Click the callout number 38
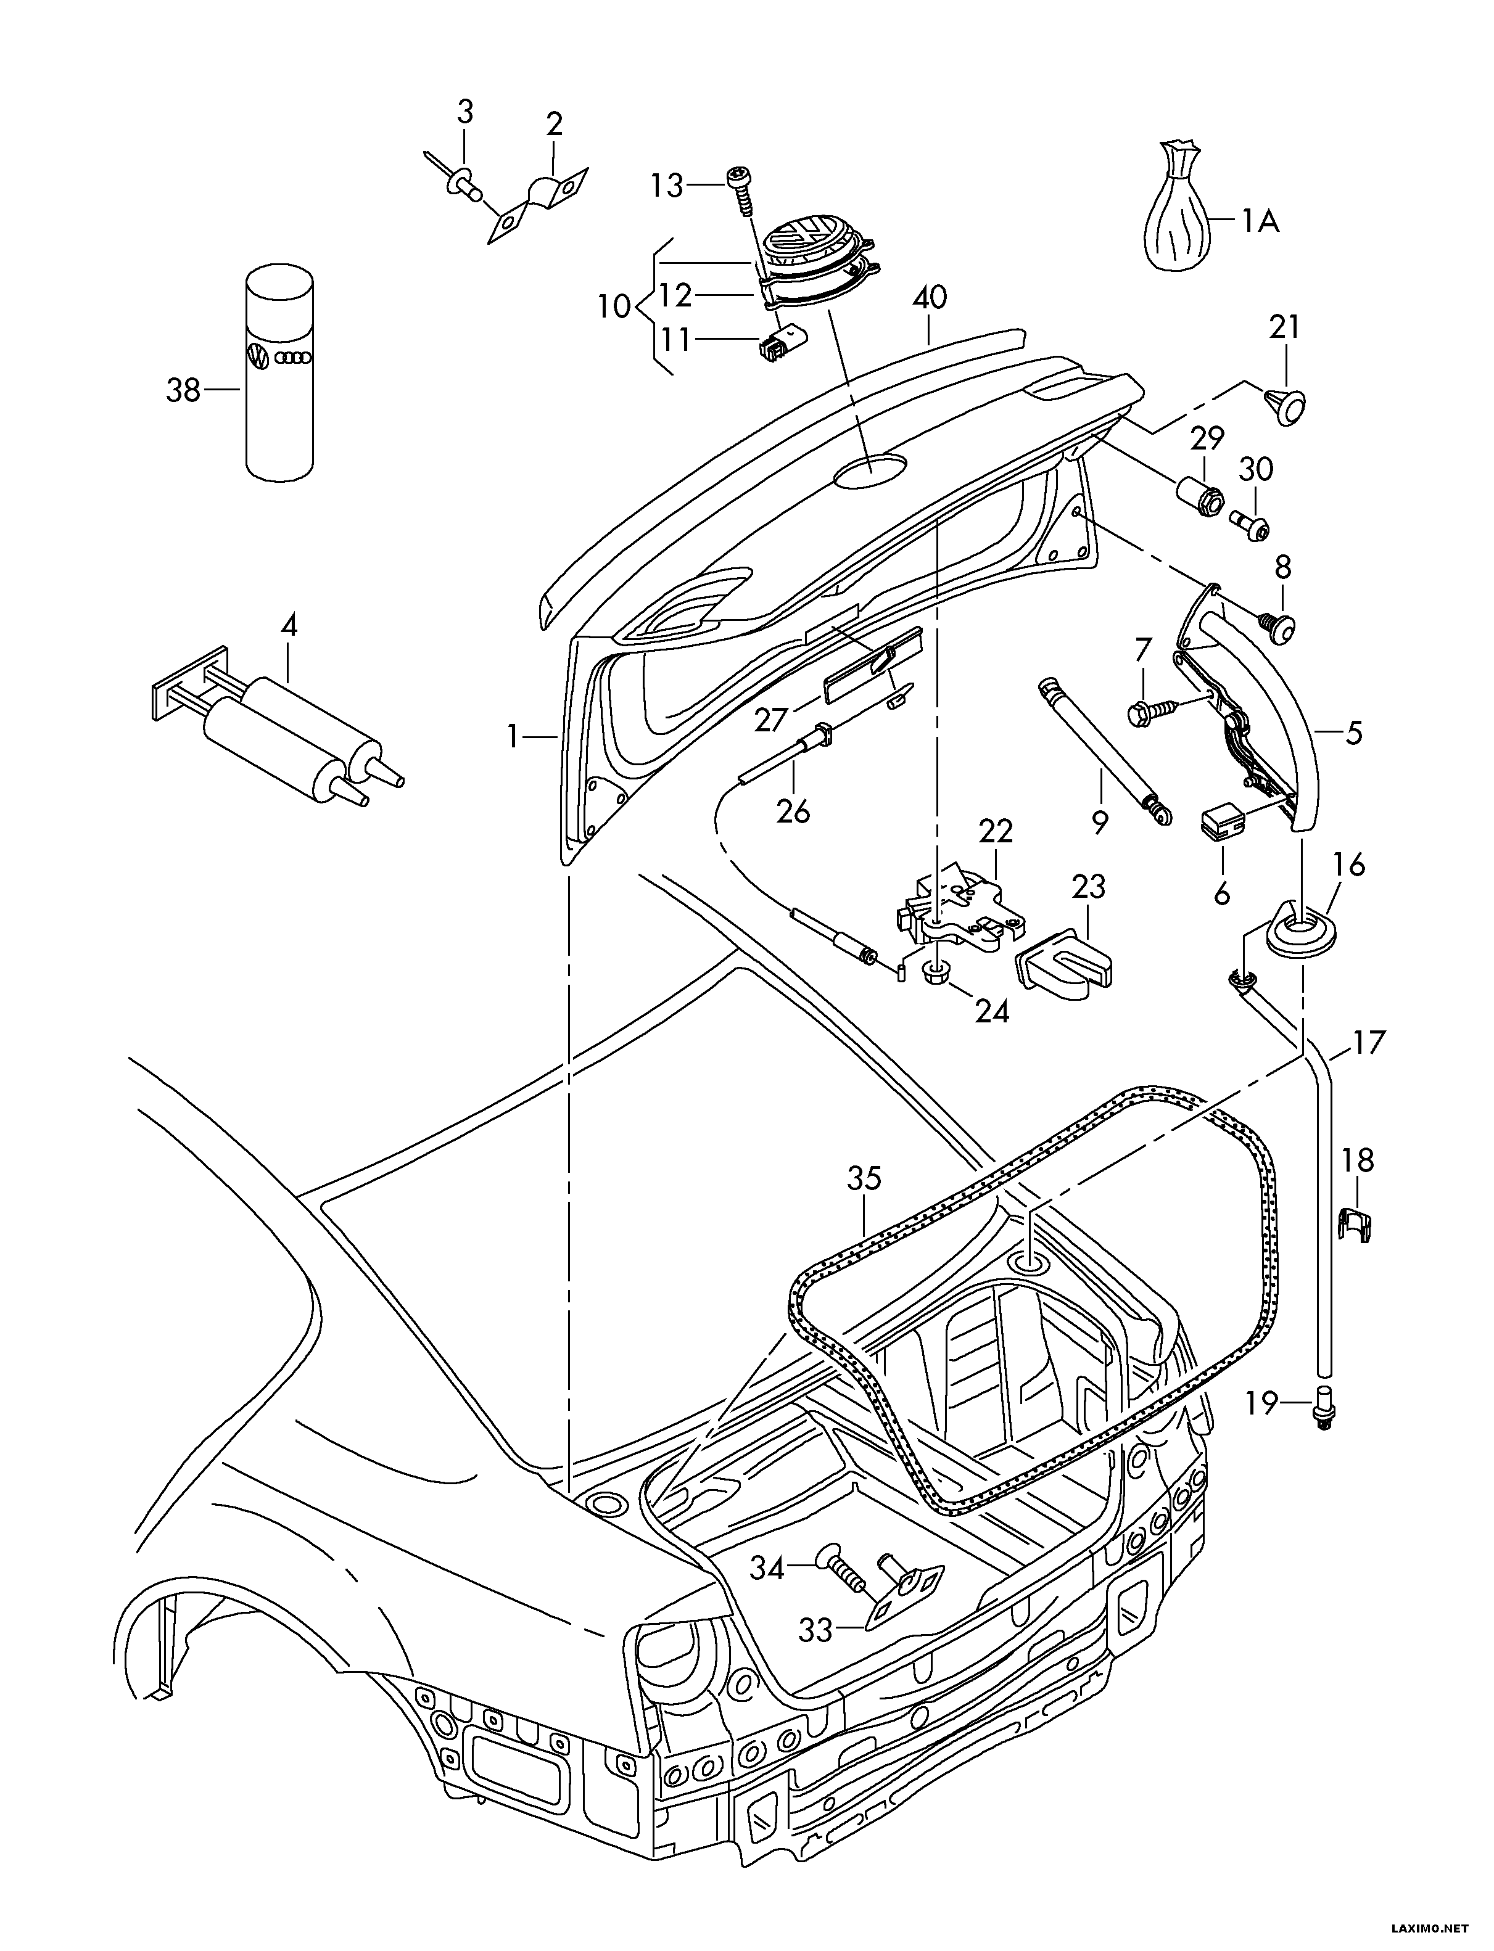click(x=183, y=390)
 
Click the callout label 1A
click(x=1260, y=220)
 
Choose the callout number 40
click(x=930, y=298)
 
